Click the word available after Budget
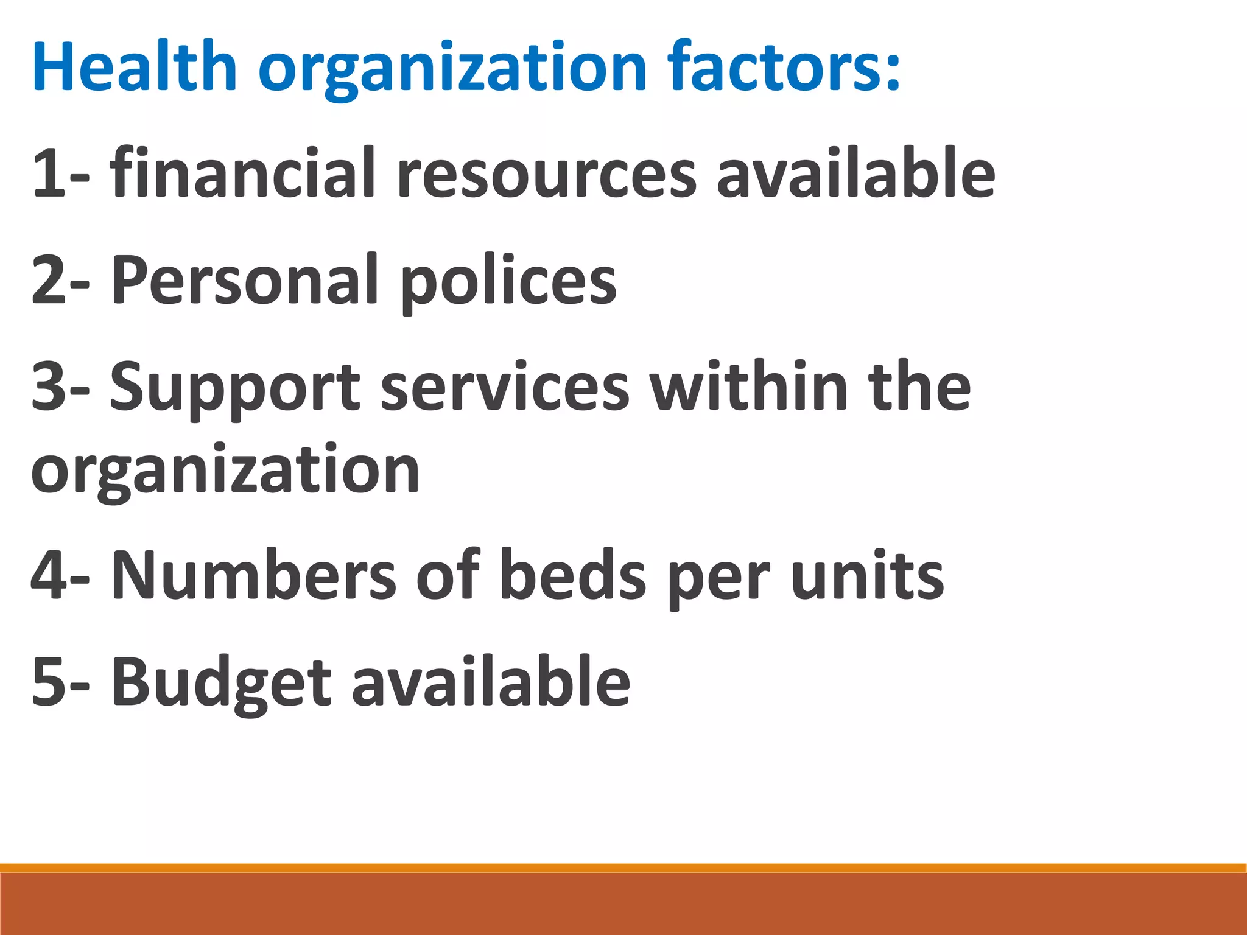[x=491, y=682]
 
